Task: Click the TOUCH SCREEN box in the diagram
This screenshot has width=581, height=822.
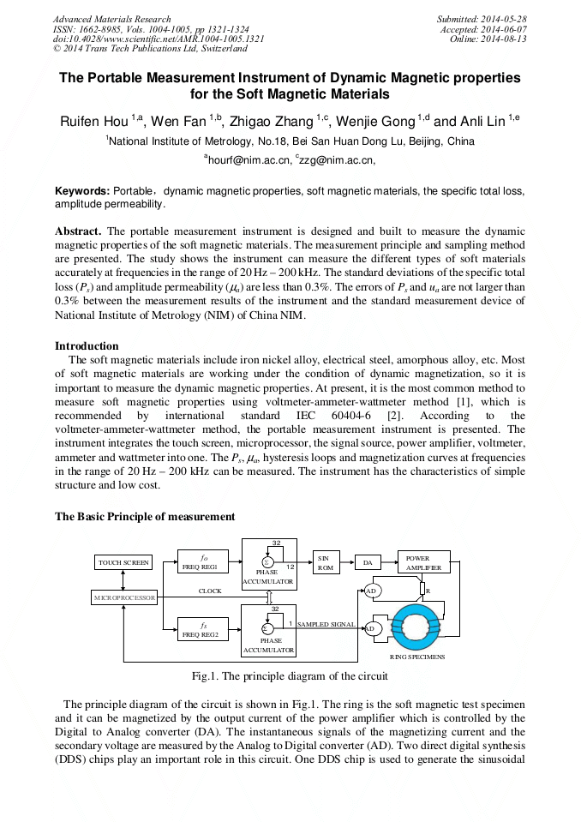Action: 123,563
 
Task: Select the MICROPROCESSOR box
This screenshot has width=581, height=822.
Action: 124,597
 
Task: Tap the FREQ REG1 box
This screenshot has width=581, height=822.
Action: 202,562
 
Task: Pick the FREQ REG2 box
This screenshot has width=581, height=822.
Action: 202,630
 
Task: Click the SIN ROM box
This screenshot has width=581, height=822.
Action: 326,562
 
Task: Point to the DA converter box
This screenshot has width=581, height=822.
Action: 368,563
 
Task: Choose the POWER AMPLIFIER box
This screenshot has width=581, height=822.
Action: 423,562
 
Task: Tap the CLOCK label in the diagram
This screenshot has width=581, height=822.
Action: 210,591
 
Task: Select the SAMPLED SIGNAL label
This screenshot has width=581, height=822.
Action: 326,624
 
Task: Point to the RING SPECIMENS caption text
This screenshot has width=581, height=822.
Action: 422,657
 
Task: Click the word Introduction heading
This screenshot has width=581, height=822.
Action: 87,346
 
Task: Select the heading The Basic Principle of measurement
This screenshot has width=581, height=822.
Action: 144,517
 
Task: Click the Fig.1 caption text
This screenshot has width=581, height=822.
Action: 290,675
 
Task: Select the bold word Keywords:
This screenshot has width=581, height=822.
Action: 82,190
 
